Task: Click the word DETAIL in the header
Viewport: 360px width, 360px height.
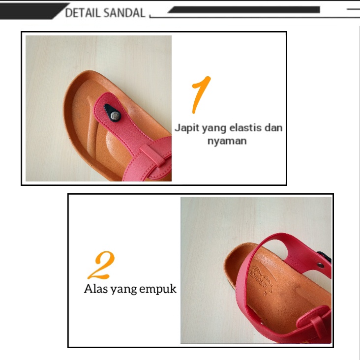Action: (82, 13)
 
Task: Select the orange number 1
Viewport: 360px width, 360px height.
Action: (201, 94)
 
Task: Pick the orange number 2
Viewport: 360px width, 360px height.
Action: (101, 265)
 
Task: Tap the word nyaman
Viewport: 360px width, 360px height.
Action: (226, 141)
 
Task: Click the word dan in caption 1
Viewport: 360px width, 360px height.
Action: (273, 128)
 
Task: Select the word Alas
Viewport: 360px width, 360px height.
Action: (94, 289)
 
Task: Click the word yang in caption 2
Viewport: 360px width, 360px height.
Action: (123, 290)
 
